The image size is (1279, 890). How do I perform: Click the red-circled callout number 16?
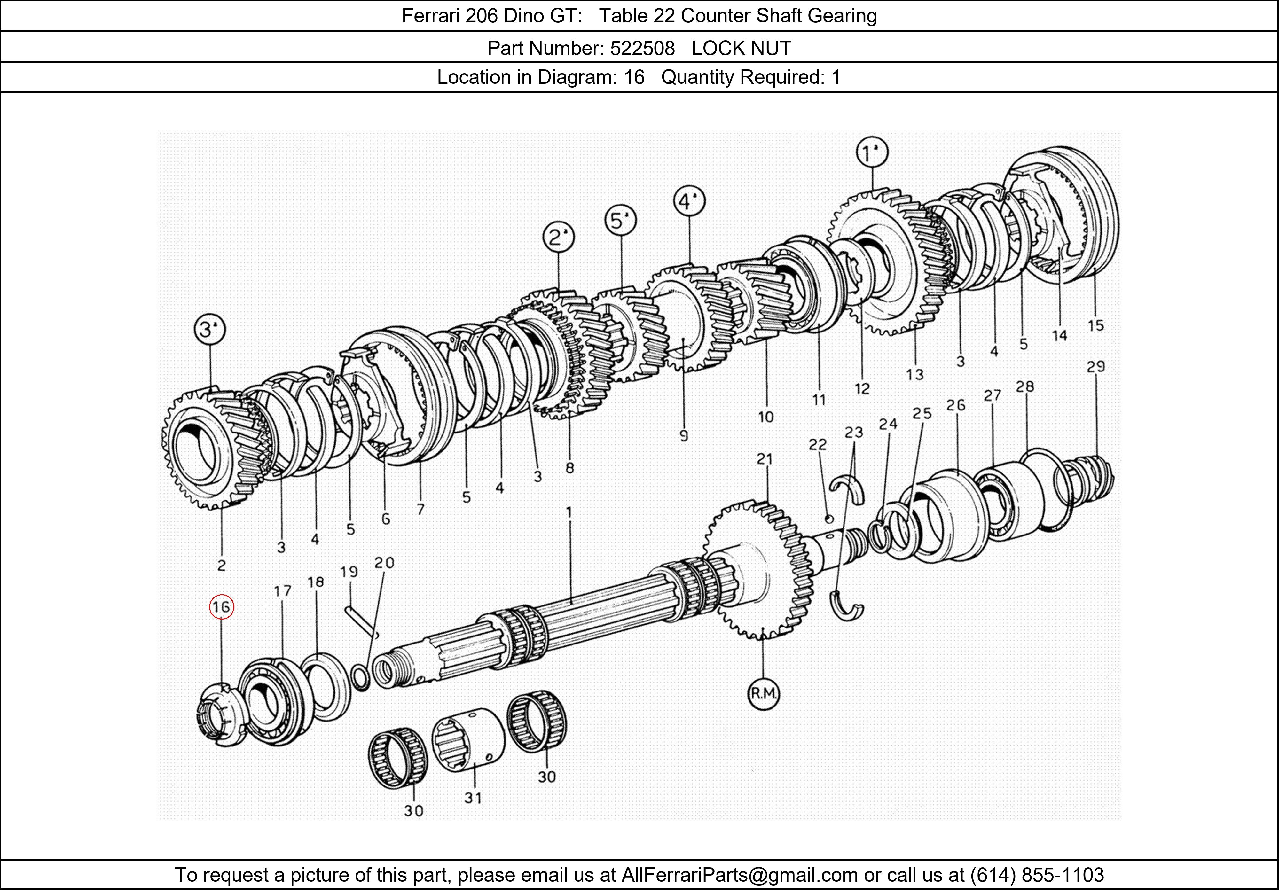click(x=221, y=607)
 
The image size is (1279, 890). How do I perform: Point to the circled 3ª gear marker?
click(x=209, y=330)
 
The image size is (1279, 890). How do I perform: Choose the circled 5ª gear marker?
click(x=621, y=221)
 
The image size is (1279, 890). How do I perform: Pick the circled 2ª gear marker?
click(x=559, y=238)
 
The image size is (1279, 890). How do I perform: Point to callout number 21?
click(x=765, y=459)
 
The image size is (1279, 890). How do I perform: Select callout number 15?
click(x=1095, y=325)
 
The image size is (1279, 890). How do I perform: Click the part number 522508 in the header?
click(x=642, y=49)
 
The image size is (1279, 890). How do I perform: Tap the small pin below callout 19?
click(x=361, y=621)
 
